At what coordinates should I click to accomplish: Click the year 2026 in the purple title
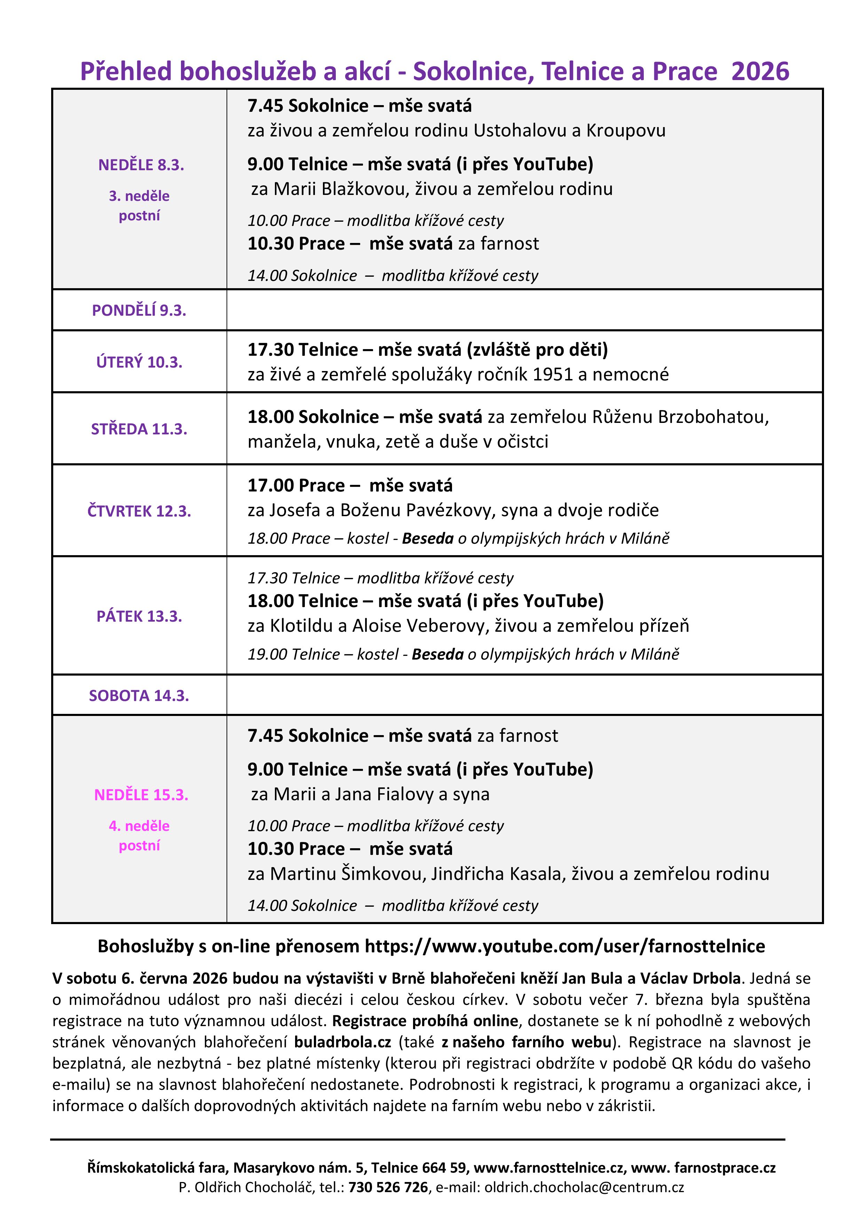pos(760,71)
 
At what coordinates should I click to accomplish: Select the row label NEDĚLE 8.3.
pos(141,165)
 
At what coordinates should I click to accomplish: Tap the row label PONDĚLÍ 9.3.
pos(139,310)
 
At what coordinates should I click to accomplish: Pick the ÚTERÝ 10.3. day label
pos(139,362)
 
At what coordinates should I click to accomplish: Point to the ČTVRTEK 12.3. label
pos(139,511)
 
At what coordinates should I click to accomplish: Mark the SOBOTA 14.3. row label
pos(139,695)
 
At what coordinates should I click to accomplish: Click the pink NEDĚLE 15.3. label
pos(141,795)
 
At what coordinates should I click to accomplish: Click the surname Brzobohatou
pos(713,417)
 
